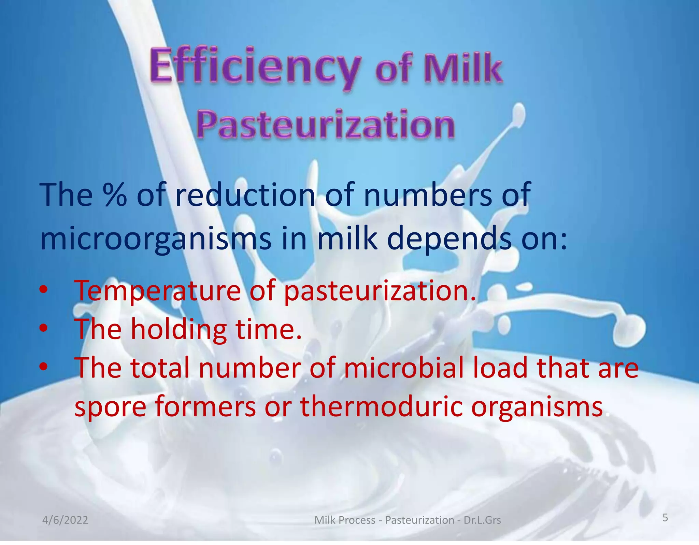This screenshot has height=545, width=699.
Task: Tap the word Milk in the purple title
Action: point(463,68)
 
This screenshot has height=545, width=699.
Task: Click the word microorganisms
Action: point(156,238)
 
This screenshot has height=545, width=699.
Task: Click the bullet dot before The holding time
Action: point(44,328)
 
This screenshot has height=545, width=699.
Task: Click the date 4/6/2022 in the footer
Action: point(65,520)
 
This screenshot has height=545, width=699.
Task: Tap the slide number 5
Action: point(665,517)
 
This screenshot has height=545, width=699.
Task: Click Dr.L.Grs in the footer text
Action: point(482,520)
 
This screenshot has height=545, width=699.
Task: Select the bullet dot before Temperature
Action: point(44,289)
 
